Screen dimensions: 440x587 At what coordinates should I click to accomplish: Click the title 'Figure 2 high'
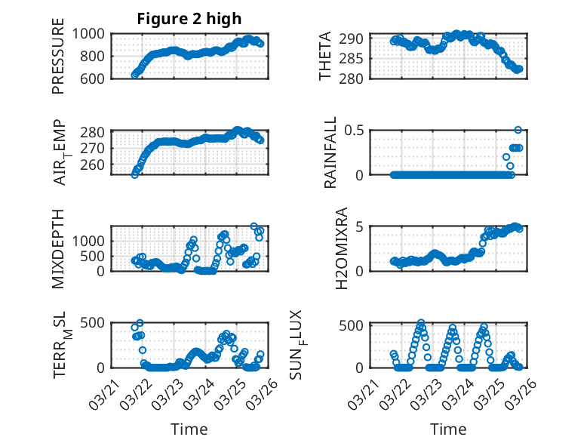[x=189, y=19]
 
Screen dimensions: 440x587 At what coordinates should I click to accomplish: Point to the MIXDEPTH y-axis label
[x=58, y=248]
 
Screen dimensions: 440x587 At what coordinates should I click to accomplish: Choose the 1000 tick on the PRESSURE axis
[x=91, y=34]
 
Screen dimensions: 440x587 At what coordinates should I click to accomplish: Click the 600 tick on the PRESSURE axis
[x=96, y=78]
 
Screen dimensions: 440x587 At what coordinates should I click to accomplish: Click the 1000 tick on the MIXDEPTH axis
[x=91, y=241]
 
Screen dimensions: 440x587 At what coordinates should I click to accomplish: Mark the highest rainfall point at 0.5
[x=518, y=130]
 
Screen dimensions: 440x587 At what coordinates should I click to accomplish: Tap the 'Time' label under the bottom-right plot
[x=448, y=429]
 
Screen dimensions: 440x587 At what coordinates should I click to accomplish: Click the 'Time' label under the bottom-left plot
[x=189, y=429]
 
